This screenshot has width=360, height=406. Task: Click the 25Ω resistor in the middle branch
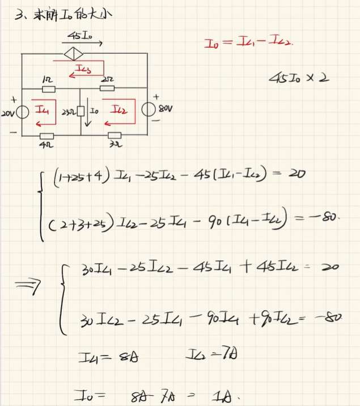pos(81,110)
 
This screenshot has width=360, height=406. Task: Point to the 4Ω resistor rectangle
pos(46,136)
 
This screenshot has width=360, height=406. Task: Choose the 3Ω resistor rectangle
pos(114,136)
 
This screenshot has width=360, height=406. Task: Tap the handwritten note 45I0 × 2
pos(298,78)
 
